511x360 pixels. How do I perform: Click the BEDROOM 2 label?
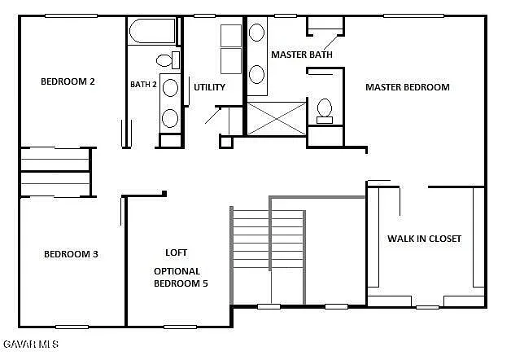pyautogui.click(x=68, y=81)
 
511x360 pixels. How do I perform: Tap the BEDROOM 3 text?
pyautogui.click(x=71, y=254)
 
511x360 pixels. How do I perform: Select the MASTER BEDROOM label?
pyautogui.click(x=407, y=87)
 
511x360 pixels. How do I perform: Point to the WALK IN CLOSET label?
pyautogui.click(x=424, y=239)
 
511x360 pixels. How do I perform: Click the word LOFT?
pyautogui.click(x=177, y=252)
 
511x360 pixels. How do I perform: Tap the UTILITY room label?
pyautogui.click(x=209, y=87)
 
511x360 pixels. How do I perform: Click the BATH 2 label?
pyautogui.click(x=143, y=84)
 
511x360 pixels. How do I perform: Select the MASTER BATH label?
pyautogui.click(x=301, y=55)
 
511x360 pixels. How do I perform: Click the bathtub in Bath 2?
pyautogui.click(x=151, y=33)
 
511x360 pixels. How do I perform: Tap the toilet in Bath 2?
pyautogui.click(x=166, y=59)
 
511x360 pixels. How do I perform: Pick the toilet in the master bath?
pyautogui.click(x=325, y=110)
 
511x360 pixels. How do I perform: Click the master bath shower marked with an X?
pyautogui.click(x=277, y=118)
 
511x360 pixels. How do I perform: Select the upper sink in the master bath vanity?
pyautogui.click(x=256, y=33)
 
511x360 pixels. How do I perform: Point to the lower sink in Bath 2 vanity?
pyautogui.click(x=170, y=117)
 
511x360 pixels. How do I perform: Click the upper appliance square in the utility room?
pyautogui.click(x=231, y=36)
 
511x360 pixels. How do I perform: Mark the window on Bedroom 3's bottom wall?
pyautogui.click(x=72, y=327)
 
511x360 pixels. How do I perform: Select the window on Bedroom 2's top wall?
pyautogui.click(x=71, y=15)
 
